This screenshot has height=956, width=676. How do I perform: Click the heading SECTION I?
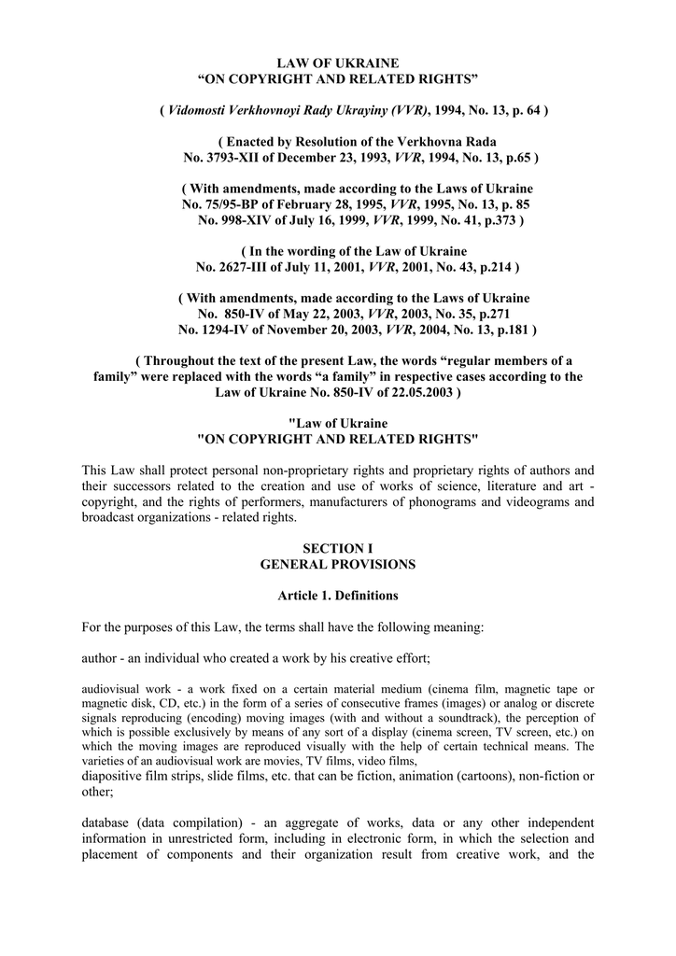(x=337, y=549)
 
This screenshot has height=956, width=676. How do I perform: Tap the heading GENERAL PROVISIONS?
(x=337, y=565)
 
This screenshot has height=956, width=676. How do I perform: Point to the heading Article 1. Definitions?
(x=337, y=596)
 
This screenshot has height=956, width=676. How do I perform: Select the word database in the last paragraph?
(x=106, y=822)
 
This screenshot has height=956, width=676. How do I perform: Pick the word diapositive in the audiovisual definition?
(x=111, y=775)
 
